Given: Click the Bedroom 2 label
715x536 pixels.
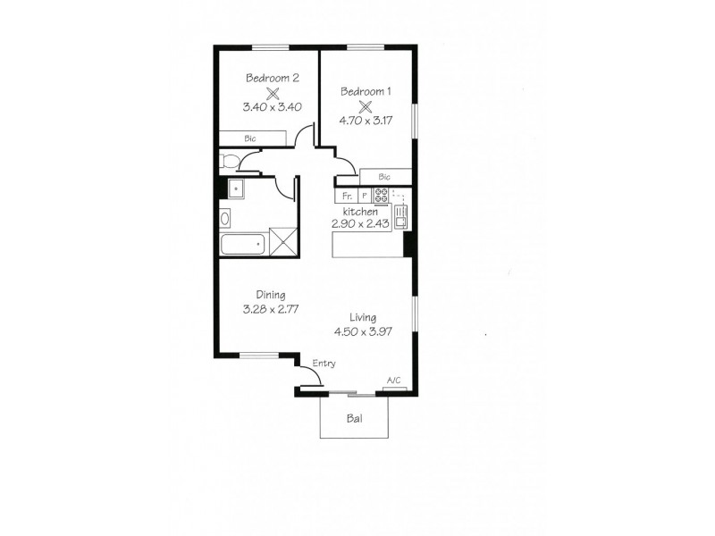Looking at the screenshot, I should (273, 78).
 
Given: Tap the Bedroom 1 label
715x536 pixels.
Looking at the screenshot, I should (365, 90).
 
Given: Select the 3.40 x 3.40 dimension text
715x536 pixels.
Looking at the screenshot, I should (272, 106).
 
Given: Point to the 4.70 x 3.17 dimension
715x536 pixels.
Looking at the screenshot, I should (365, 119).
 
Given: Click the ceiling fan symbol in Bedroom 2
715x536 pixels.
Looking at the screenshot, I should (273, 92).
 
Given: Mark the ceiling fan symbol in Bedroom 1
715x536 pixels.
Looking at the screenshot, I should (365, 105).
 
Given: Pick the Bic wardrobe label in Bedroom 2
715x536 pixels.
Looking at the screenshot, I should (250, 138).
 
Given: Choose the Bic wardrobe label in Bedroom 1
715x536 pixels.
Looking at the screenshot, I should (384, 177).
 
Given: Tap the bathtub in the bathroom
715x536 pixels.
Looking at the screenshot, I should (242, 242).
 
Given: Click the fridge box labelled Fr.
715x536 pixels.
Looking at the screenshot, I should (346, 196).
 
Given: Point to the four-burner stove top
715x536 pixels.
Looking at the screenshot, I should (383, 196).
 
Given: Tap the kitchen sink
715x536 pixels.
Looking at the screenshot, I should (401, 214).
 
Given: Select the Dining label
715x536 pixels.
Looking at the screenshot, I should (271, 296).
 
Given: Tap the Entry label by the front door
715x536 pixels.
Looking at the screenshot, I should (324, 363).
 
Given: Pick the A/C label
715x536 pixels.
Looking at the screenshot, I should (393, 382).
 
